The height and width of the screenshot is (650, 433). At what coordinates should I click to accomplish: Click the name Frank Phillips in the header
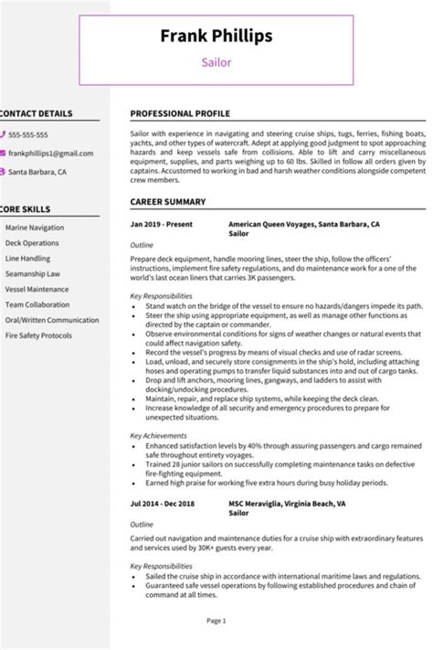tap(216, 36)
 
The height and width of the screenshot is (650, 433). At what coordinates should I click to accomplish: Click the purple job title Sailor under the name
tap(216, 63)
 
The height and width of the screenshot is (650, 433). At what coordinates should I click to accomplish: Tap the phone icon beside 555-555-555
tap(3, 135)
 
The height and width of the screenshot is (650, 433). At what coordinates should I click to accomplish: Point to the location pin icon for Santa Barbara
tap(3, 171)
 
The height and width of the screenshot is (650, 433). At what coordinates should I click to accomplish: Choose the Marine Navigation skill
tap(36, 227)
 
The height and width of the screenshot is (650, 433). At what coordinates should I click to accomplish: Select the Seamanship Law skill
tap(33, 273)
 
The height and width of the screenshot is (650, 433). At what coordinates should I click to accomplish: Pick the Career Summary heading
tap(167, 201)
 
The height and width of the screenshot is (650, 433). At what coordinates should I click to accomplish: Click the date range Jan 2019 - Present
tap(162, 224)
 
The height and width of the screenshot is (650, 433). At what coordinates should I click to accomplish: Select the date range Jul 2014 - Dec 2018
tap(164, 503)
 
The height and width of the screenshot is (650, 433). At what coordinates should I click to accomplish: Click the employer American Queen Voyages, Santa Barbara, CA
tap(303, 224)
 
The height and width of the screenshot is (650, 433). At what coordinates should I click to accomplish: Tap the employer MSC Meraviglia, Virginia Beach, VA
tap(286, 503)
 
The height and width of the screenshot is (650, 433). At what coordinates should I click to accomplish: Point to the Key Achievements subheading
tap(160, 437)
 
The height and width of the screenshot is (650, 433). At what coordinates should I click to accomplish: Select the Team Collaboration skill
tap(37, 304)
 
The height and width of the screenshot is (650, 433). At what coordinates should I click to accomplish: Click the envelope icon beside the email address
tap(3, 154)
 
